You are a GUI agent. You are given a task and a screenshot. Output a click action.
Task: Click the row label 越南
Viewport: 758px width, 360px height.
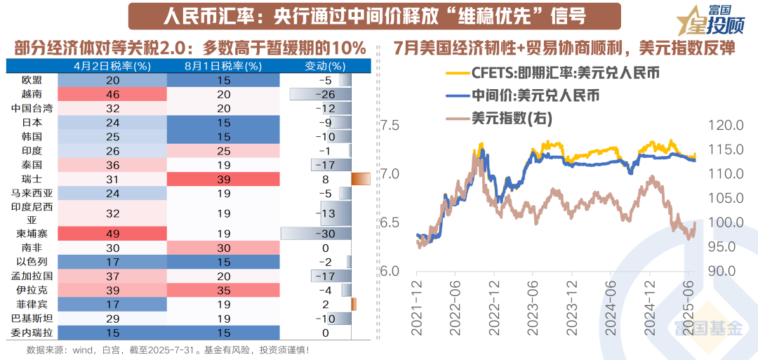click(x=32, y=94)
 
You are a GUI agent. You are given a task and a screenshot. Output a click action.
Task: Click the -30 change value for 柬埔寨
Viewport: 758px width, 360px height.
click(x=326, y=233)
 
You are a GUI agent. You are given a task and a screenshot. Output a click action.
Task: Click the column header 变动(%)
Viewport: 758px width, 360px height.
click(x=326, y=66)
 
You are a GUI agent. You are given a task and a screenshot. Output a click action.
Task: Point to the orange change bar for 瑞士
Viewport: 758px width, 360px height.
click(x=360, y=179)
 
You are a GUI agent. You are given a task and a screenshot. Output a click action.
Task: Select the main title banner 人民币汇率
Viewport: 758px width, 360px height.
click(x=365, y=15)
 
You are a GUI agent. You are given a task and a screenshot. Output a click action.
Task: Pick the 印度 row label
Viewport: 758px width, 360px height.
click(x=32, y=151)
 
